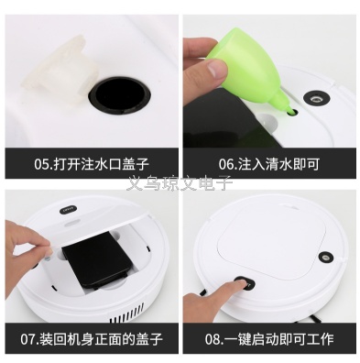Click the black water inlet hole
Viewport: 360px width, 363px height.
120,95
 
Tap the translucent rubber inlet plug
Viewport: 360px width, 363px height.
61,75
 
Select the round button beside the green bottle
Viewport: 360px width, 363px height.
317,98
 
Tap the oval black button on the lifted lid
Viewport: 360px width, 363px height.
68,210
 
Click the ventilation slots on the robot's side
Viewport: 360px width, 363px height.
125,314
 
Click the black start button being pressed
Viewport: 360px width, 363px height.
244,282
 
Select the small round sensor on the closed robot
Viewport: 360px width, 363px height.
325,257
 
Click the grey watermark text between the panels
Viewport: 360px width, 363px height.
180,183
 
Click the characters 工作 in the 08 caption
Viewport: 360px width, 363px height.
321,339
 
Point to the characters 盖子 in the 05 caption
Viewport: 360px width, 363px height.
136,164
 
